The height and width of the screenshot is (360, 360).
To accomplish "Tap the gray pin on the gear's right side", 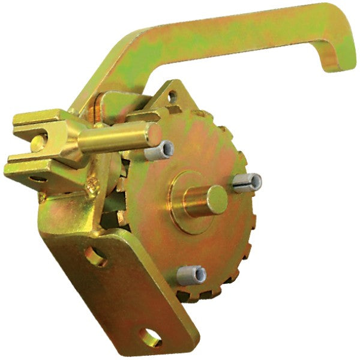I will (247, 182).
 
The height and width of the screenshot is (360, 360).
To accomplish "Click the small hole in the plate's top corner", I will (173, 95).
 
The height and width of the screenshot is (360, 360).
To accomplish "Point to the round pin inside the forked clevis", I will (37, 142).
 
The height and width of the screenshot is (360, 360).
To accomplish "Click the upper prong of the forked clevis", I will (42, 118).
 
